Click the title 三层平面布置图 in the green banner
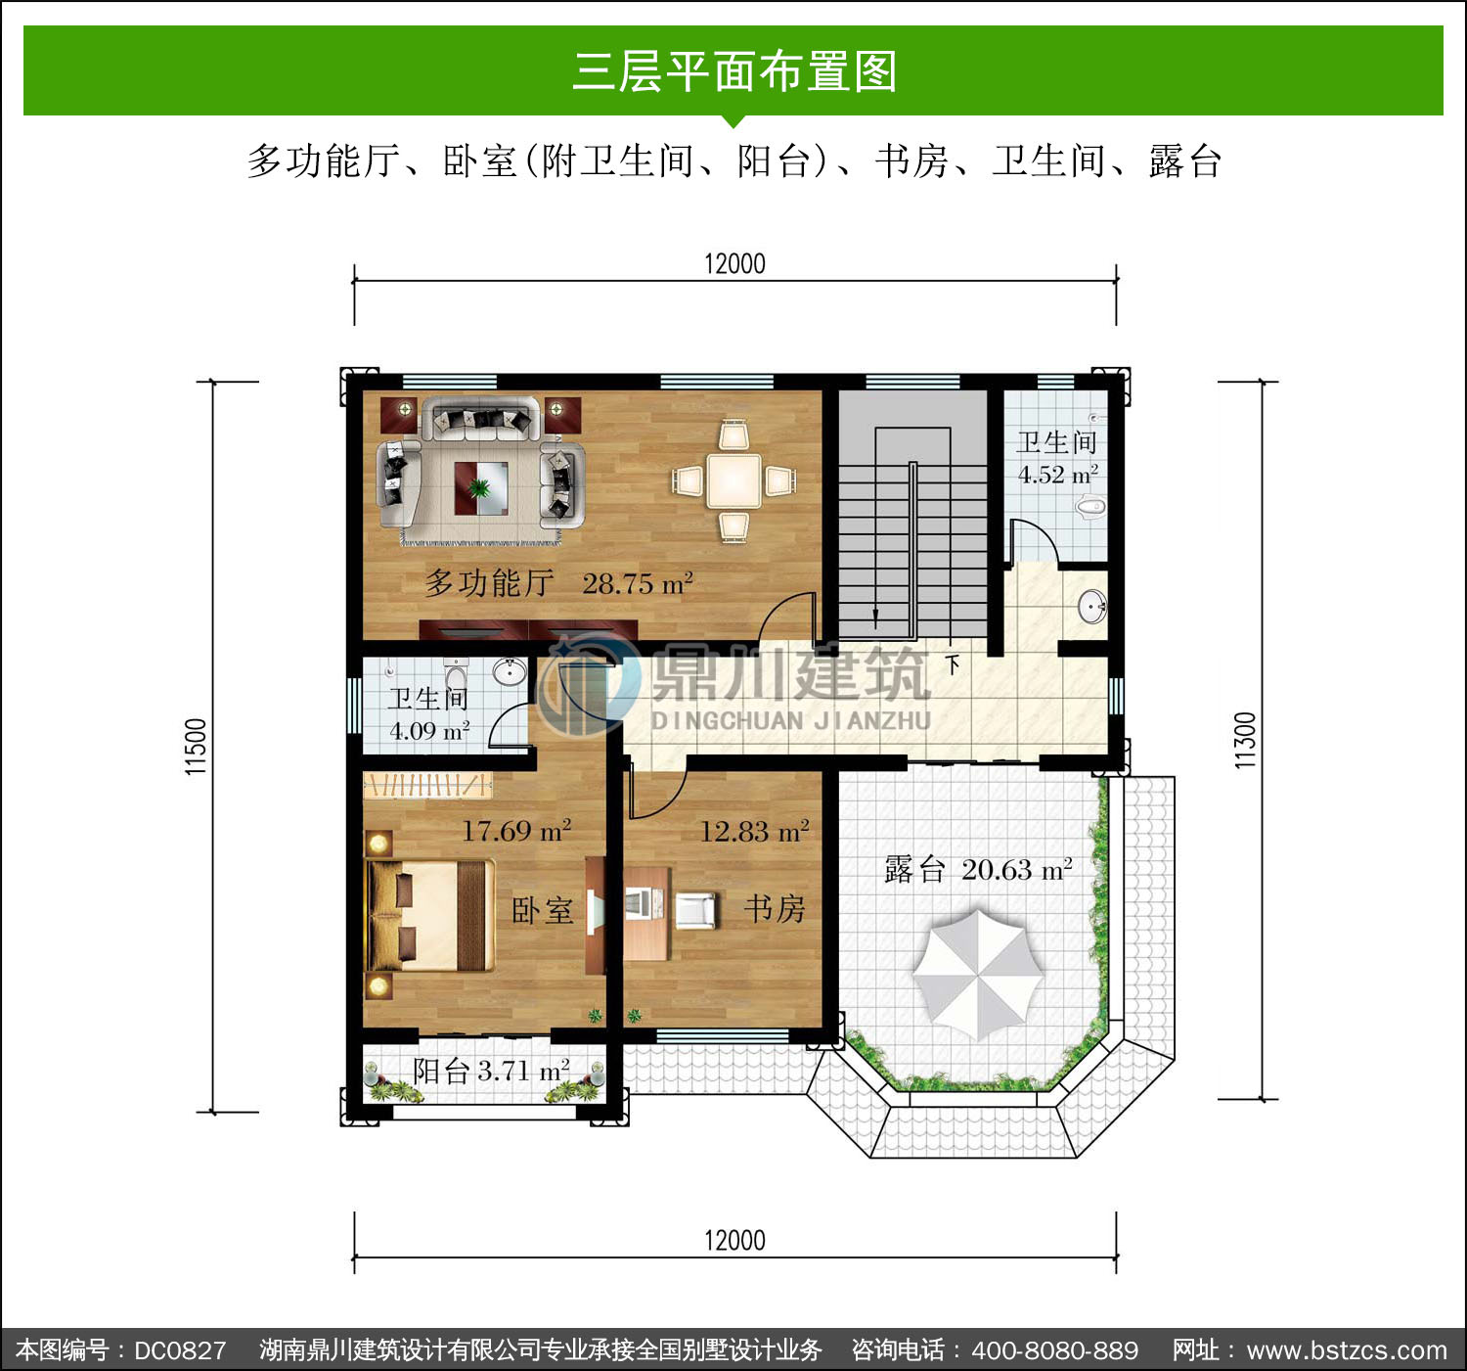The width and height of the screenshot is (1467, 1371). tap(734, 71)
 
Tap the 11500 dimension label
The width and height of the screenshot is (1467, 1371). tap(196, 746)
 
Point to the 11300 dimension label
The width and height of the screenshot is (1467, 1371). tap(1245, 740)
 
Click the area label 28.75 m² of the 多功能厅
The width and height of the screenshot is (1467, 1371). tap(638, 584)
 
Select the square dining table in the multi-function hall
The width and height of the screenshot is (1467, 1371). tap(733, 480)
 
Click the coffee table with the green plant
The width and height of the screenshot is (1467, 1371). tap(481, 488)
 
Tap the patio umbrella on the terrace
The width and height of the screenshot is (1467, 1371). tap(977, 975)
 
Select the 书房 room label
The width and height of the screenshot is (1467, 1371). tap(775, 909)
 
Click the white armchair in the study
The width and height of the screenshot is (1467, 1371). tap(695, 910)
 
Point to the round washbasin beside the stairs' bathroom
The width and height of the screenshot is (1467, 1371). tap(1092, 607)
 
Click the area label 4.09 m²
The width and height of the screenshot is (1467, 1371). tap(429, 731)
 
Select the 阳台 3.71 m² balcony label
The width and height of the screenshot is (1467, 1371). tap(491, 1071)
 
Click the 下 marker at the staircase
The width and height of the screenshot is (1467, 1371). tap(953, 665)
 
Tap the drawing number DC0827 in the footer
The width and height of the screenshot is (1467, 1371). tap(180, 1350)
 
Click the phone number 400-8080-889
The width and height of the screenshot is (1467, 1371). tap(1055, 1350)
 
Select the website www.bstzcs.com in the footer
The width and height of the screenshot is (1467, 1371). tap(1347, 1350)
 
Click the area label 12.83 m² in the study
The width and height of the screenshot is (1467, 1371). tap(754, 832)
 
